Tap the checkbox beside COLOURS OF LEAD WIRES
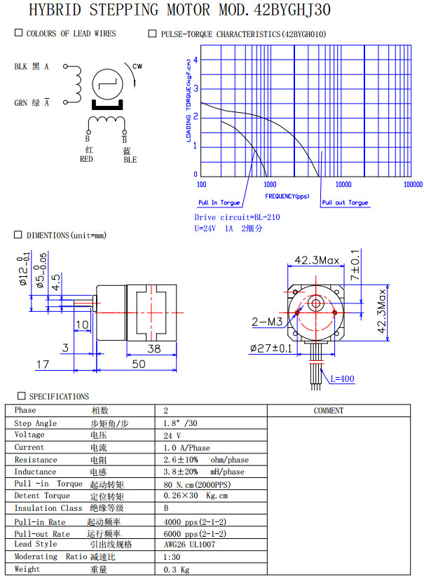(18, 34)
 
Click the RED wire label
(87, 159)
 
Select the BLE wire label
(130, 159)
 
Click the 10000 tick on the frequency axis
(343, 184)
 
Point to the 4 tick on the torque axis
(196, 60)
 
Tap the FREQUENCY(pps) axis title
(287, 196)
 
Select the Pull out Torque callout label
(345, 203)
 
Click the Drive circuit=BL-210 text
(237, 217)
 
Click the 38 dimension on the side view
(153, 348)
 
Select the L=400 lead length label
(343, 378)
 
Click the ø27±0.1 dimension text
(271, 348)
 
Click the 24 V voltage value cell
(172, 435)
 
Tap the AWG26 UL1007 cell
(189, 544)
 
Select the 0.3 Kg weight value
(176, 569)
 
